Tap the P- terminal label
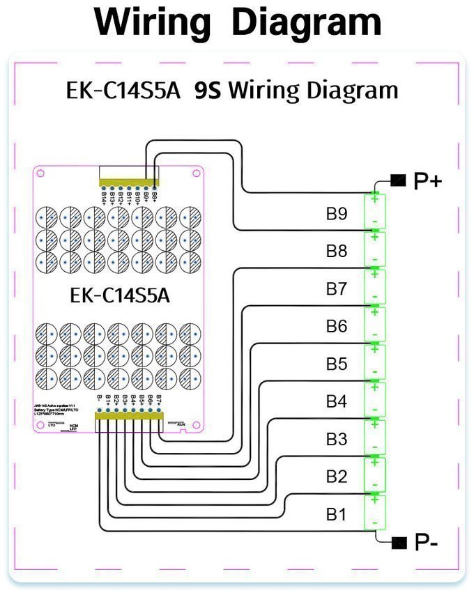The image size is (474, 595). [x=426, y=542]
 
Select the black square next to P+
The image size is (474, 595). [x=398, y=181]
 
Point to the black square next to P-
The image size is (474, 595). [x=398, y=542]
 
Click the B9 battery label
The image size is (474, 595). [x=337, y=213]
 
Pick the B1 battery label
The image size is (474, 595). [x=337, y=515]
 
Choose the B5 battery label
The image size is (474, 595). [x=337, y=364]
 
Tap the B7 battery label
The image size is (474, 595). [x=337, y=288]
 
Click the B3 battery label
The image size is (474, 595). [x=337, y=439]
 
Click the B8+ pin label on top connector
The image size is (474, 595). [x=154, y=196]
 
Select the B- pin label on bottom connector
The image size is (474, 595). [x=100, y=401]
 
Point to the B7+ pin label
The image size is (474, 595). [x=159, y=401]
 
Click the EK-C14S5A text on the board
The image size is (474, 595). [x=120, y=295]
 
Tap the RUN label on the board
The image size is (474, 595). [x=181, y=424]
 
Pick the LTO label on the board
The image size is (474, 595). [x=52, y=424]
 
